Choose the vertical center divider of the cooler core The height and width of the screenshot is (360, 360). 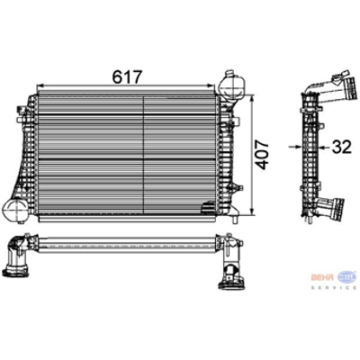125,153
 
